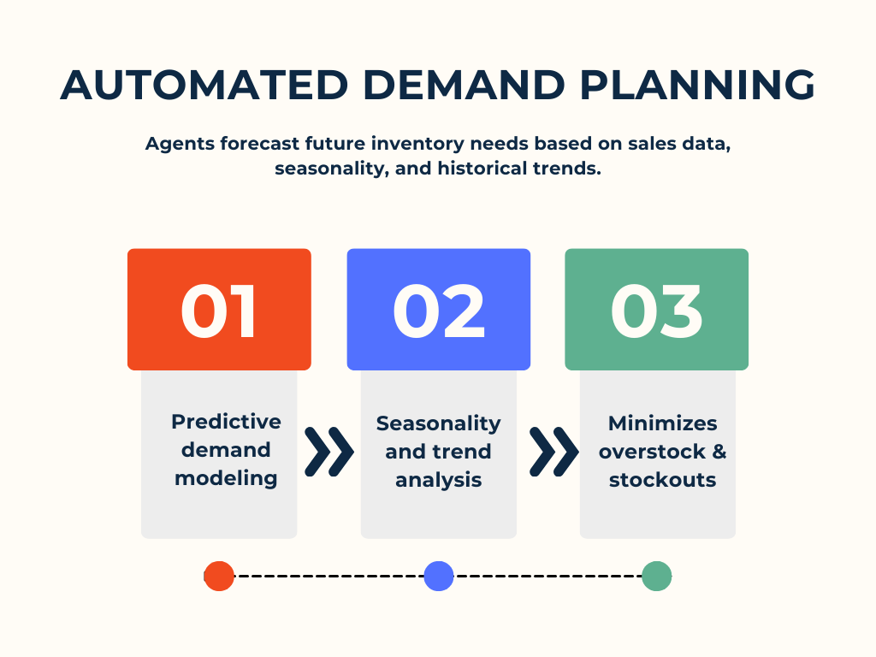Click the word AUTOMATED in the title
[x=204, y=85]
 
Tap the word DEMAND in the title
[x=464, y=85]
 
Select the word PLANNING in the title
[x=697, y=85]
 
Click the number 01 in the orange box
[x=218, y=311]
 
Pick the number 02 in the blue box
[x=439, y=311]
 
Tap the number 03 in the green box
[x=656, y=311]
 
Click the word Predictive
[x=226, y=421]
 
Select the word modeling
[x=226, y=479]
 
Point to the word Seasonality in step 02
[x=439, y=424]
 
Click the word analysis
[x=439, y=480]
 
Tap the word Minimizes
[x=663, y=423]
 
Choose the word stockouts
[x=663, y=480]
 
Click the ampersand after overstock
[x=719, y=452]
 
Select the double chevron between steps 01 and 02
[x=329, y=452]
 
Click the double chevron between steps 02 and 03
[x=553, y=452]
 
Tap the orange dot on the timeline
[x=219, y=576]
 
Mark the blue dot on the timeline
[x=439, y=576]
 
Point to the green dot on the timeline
[x=656, y=576]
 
